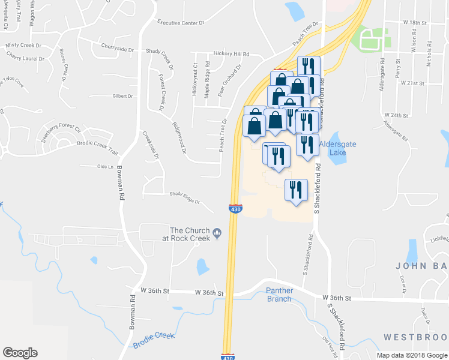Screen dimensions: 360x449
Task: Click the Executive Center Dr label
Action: [x=181, y=22]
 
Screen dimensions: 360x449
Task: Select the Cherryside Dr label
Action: [x=117, y=49]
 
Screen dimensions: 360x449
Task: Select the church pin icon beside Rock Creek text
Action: [x=217, y=233]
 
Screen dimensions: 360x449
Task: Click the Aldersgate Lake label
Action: [x=340, y=148]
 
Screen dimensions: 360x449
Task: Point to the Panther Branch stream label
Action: [x=279, y=295]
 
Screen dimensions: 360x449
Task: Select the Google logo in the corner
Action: [x=20, y=353]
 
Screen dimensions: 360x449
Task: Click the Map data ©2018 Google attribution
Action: [x=412, y=355]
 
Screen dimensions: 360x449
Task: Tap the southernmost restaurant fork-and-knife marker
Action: [x=296, y=191]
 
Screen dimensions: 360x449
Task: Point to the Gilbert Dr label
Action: [x=122, y=96]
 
